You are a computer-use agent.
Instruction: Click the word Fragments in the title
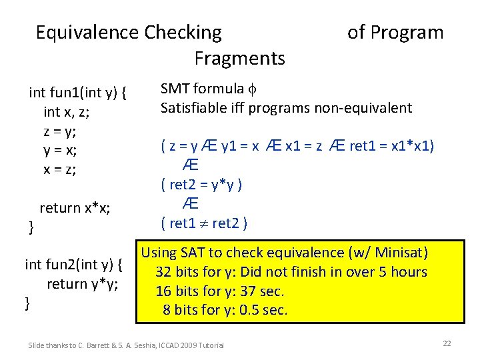click(x=239, y=58)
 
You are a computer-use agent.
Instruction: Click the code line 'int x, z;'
click(x=67, y=111)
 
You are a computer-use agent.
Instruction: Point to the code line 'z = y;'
click(x=60, y=131)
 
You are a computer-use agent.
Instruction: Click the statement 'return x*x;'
click(x=75, y=208)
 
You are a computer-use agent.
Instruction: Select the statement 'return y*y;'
click(x=83, y=284)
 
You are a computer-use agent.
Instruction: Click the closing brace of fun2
click(x=27, y=303)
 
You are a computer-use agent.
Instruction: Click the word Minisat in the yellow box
click(x=399, y=253)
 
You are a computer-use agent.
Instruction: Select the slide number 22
click(x=447, y=343)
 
